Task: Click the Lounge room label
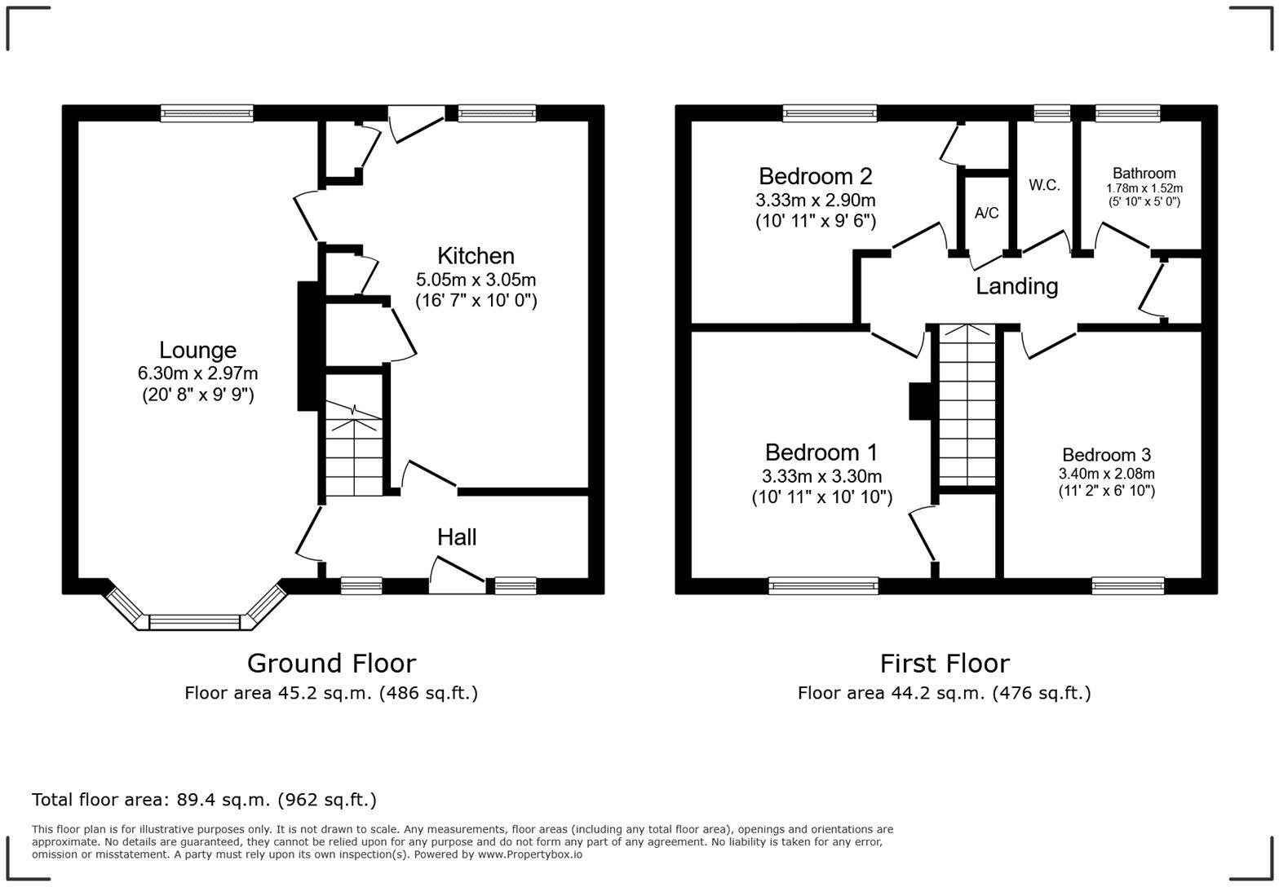tap(197, 351)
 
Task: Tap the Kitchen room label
tap(476, 256)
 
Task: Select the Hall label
tap(457, 537)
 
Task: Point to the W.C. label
tap(1044, 185)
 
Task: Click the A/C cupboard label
tap(986, 214)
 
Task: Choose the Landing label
tap(1016, 286)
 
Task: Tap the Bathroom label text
tap(1144, 173)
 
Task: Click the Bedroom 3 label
tap(1106, 455)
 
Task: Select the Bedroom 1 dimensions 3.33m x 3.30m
tap(821, 476)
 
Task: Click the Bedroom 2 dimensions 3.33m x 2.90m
tap(815, 201)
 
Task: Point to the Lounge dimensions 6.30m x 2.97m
tap(197, 374)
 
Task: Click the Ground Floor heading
tap(331, 663)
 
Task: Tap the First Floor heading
tap(944, 663)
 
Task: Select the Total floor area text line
tap(204, 800)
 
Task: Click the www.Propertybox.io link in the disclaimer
tap(529, 854)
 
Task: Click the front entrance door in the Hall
tap(457, 576)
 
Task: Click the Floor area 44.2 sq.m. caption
tap(944, 693)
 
